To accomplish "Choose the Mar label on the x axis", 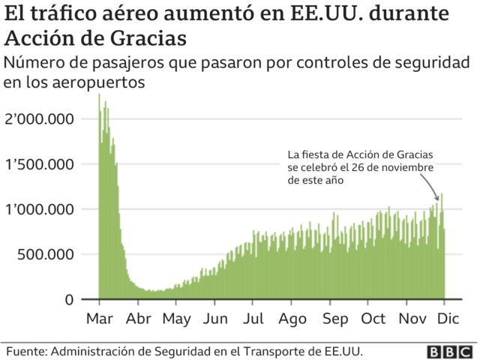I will click(99, 319).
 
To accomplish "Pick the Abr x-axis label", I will click(138, 319).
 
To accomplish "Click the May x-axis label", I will click(176, 319).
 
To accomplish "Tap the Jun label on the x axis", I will click(215, 319).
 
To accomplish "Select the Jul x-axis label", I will click(253, 319).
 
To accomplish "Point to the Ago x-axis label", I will click(292, 319).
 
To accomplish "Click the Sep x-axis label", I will click(334, 319).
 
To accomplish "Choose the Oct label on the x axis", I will click(373, 319).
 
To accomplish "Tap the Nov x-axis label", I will click(412, 319).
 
